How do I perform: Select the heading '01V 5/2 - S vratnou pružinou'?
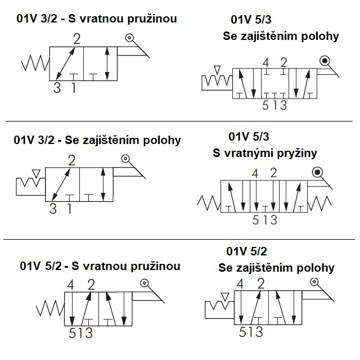[x=100, y=265]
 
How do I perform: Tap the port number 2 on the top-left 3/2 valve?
[x=76, y=39]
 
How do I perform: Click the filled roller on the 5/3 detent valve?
[x=325, y=61]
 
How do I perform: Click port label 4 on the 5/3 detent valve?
[x=265, y=62]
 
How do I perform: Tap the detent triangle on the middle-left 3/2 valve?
[x=37, y=172]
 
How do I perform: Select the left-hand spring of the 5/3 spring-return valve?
[x=209, y=201]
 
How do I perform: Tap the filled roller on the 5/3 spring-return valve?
[x=318, y=172]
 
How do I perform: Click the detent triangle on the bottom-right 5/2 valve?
[x=225, y=296]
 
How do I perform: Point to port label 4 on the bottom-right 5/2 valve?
[x=241, y=283]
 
